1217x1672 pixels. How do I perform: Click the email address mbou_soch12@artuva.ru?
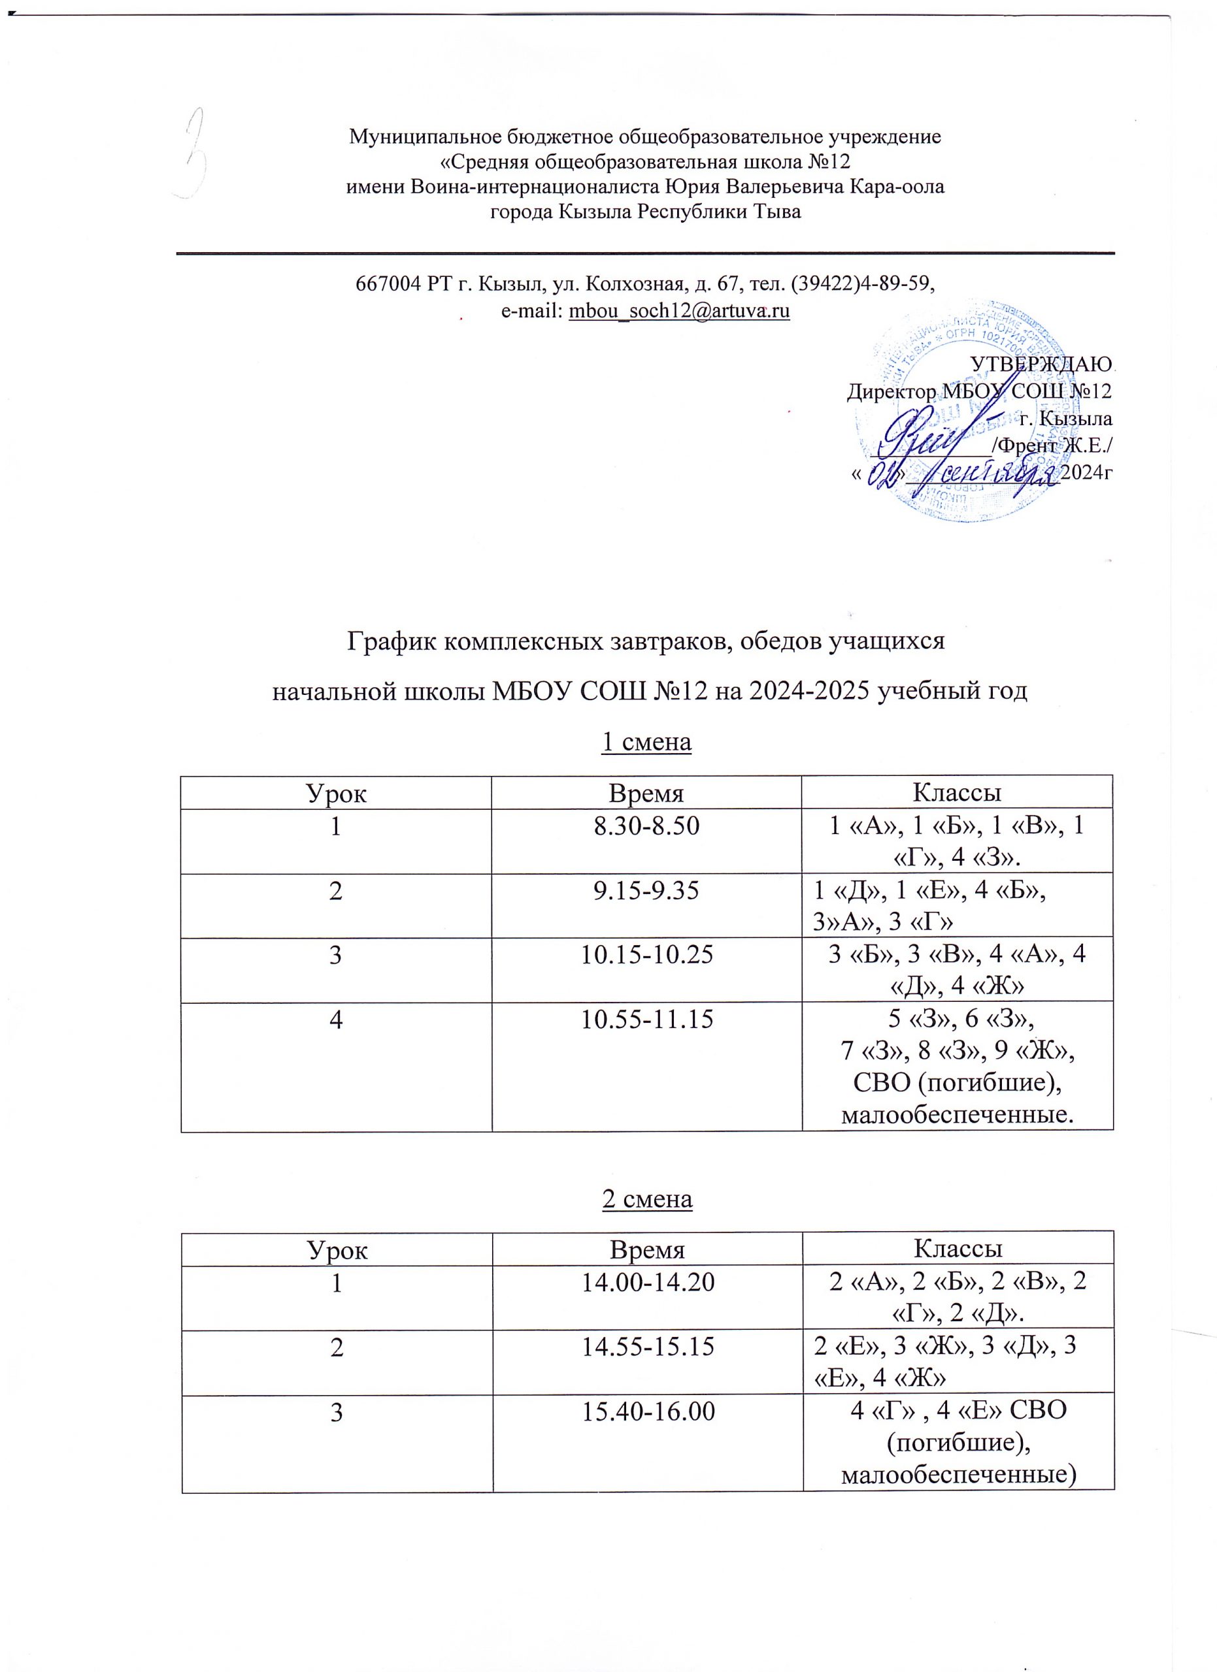[678, 311]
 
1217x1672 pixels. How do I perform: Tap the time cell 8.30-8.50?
[646, 826]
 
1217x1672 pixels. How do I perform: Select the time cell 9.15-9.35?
[646, 892]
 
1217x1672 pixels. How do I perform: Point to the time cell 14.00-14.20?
[648, 1283]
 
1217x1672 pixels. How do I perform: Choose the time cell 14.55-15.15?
[648, 1347]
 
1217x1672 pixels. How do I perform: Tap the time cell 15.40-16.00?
[648, 1411]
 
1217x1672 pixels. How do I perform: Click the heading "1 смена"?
[646, 743]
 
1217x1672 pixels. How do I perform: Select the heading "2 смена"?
[647, 1199]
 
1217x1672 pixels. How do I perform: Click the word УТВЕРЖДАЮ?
[1040, 365]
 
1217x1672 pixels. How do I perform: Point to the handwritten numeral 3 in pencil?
[195, 153]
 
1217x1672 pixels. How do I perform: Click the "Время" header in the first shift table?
[646, 794]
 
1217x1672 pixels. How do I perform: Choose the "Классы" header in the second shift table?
[958, 1249]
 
